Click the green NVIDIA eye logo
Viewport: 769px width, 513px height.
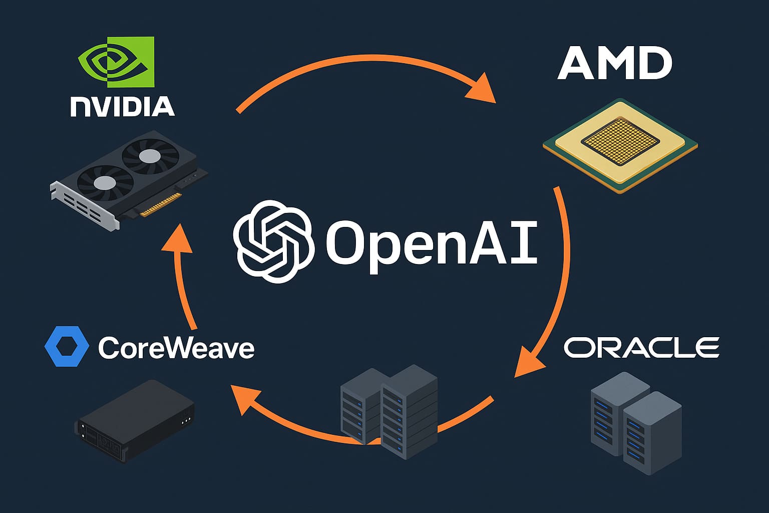pyautogui.click(x=116, y=62)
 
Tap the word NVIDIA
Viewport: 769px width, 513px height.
pyautogui.click(x=123, y=107)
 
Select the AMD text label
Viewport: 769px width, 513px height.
pyautogui.click(x=614, y=64)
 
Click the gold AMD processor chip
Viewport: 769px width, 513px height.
pyautogui.click(x=620, y=145)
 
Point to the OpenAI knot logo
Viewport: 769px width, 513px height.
pyautogui.click(x=273, y=241)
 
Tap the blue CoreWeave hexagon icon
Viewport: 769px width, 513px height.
pyautogui.click(x=67, y=346)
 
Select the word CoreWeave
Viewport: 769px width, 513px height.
pyautogui.click(x=176, y=348)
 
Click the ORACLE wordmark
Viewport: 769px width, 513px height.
pyautogui.click(x=641, y=347)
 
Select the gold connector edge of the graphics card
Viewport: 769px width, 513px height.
pyautogui.click(x=160, y=206)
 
